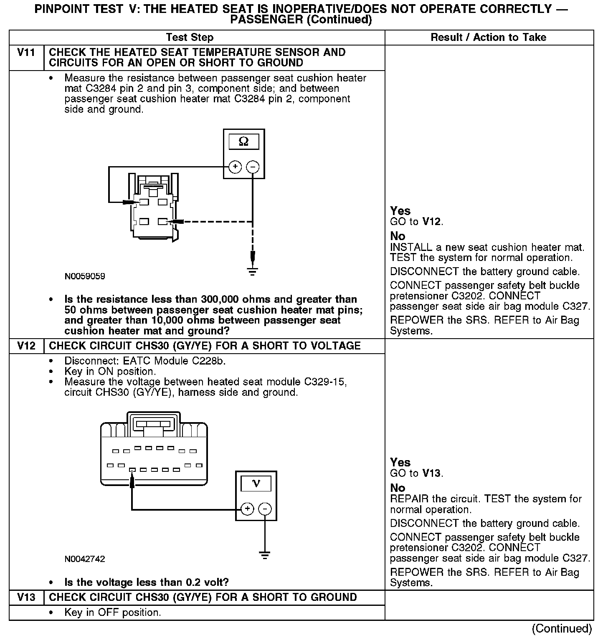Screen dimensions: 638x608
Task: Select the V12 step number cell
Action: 26,346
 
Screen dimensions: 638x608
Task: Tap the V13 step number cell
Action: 26,597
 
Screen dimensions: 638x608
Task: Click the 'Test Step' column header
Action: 190,38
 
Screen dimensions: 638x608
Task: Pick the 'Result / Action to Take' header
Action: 488,38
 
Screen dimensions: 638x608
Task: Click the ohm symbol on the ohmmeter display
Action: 244,142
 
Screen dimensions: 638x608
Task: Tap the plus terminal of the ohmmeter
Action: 235,167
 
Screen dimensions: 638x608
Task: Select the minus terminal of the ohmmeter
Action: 253,167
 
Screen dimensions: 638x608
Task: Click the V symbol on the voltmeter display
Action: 256,484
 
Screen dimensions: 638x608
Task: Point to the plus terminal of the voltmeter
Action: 248,509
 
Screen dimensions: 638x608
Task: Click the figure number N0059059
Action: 85,276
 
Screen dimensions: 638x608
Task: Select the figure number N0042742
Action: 85,559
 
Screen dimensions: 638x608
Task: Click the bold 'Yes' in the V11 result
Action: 400,211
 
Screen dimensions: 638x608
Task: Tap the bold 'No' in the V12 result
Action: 398,488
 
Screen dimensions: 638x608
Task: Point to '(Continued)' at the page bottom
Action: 562,628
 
